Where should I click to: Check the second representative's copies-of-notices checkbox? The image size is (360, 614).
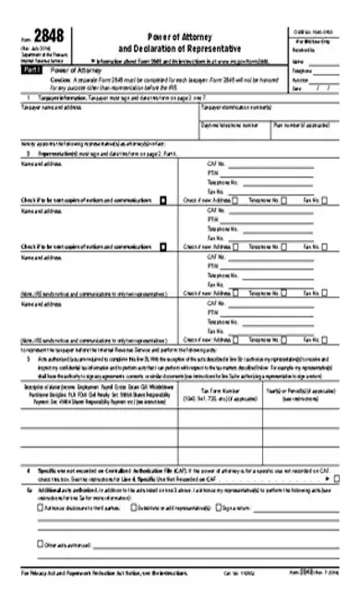(162, 247)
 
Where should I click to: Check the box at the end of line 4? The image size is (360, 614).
(335, 479)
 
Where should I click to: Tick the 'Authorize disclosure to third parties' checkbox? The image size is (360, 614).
(41, 507)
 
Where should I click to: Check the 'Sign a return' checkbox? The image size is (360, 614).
(218, 507)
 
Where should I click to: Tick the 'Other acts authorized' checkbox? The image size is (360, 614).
(41, 543)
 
